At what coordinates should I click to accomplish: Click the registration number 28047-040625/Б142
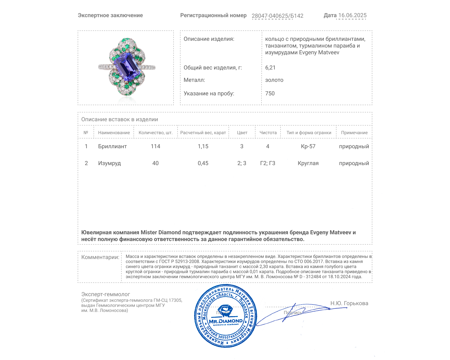[x=277, y=16]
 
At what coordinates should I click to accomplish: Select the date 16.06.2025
[x=352, y=15]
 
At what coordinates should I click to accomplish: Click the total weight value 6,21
[x=270, y=67]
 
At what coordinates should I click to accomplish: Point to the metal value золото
[x=274, y=80]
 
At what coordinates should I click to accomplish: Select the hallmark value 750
[x=270, y=93]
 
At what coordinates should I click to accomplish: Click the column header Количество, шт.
[x=156, y=132]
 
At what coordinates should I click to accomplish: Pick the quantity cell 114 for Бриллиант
[x=156, y=146]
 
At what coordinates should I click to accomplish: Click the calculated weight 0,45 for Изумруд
[x=203, y=163]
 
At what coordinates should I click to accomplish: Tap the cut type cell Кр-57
[x=308, y=146]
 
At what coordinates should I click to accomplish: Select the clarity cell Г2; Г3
[x=268, y=163]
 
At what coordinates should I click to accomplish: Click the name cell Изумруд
[x=109, y=163]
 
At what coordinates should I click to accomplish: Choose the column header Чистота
[x=268, y=132]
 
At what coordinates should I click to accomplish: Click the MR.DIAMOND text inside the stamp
[x=226, y=321]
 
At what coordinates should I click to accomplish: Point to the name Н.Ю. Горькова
[x=349, y=303]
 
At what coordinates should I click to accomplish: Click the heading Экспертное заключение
[x=110, y=15]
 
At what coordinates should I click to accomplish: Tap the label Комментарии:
[x=100, y=257]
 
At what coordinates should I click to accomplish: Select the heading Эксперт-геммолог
[x=105, y=294]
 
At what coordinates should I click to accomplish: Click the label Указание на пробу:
[x=209, y=93]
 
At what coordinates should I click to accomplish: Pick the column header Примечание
[x=354, y=132]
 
